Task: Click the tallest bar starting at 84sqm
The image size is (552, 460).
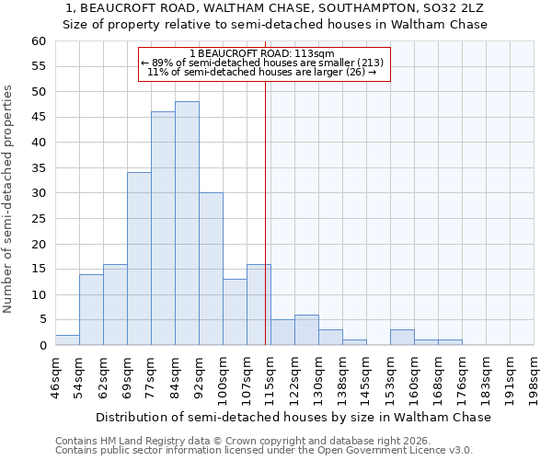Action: [x=187, y=224]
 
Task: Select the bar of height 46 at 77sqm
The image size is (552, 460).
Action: [x=163, y=228]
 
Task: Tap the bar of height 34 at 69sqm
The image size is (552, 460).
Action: [x=139, y=259]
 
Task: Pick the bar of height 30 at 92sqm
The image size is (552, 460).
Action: [x=211, y=269]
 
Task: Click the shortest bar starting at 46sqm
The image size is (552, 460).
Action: [x=67, y=340]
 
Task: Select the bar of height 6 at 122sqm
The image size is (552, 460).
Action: [x=306, y=330]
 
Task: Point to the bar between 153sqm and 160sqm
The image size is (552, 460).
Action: [x=402, y=338]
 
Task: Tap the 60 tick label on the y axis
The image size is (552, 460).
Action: [x=38, y=41]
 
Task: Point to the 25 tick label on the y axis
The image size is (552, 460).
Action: [x=38, y=219]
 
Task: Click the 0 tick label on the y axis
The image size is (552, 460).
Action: [x=41, y=346]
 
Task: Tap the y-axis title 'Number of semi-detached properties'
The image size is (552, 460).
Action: [x=9, y=199]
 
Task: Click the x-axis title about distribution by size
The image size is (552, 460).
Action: [x=293, y=417]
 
